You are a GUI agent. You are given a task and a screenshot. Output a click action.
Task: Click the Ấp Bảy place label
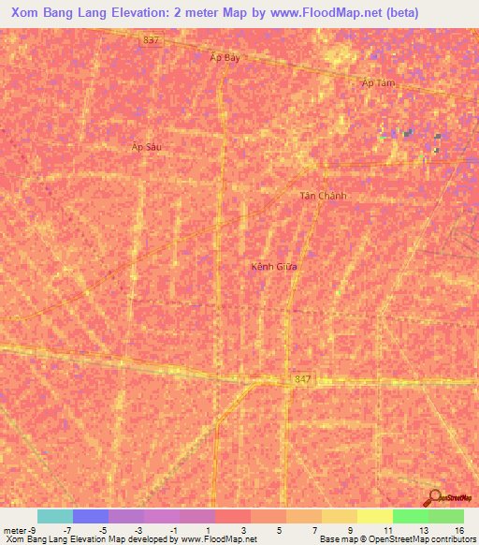[x=225, y=57]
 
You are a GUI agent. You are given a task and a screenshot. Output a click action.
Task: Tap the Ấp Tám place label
[x=379, y=83]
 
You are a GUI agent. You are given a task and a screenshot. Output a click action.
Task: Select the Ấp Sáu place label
[x=147, y=147]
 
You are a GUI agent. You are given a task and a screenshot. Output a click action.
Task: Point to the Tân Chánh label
[x=323, y=196]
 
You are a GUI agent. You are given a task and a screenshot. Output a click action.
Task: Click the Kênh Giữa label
[x=274, y=266]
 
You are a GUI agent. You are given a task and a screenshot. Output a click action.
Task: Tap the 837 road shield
[x=152, y=39]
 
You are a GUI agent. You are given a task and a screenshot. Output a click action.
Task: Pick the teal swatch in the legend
[x=55, y=516]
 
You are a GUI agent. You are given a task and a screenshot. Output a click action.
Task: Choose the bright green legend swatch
[x=411, y=516]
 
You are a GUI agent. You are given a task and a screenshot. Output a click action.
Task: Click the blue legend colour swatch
[x=91, y=516]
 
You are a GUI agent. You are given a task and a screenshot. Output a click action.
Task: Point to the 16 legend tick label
[x=458, y=529]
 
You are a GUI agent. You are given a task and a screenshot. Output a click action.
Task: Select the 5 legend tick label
[x=279, y=529]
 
